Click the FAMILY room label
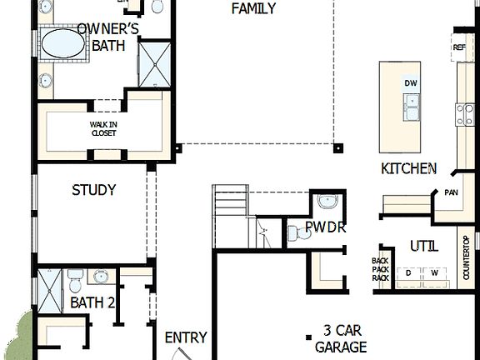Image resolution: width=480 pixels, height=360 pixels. point(253,9)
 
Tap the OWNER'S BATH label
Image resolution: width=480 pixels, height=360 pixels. point(107,37)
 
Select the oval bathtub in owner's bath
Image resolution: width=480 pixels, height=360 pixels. point(63,43)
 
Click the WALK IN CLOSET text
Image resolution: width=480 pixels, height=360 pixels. point(104,129)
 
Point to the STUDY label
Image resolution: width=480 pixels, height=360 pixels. point(93,190)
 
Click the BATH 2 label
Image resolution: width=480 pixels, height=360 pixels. point(92,302)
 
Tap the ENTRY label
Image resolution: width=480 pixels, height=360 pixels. point(185,337)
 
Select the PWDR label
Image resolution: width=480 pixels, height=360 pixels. point(325,227)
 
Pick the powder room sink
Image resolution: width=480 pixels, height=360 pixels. point(327,201)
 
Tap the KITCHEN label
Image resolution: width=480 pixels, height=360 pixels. point(408,168)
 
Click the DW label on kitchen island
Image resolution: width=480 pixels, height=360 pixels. point(410,83)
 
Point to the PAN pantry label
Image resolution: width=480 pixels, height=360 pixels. point(451,192)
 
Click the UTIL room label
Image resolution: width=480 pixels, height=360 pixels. point(423,246)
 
